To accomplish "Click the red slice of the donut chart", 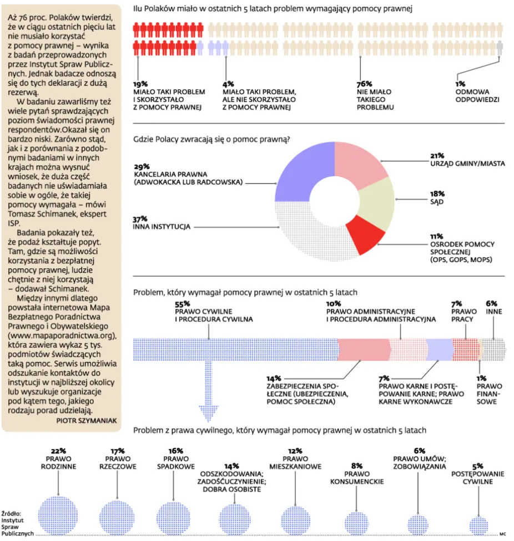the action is point(365,234).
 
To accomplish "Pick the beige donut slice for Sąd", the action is point(378,203).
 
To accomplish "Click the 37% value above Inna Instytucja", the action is point(140,219).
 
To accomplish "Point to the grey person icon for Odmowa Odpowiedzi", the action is point(500,48).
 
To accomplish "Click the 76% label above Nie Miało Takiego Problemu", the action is point(364,84).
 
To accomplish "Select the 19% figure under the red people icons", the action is point(140,84).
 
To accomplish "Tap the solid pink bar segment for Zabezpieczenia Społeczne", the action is point(364,350).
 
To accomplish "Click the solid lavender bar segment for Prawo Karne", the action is point(440,350).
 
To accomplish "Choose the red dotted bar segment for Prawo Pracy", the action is point(465,350).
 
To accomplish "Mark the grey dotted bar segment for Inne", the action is point(494,350).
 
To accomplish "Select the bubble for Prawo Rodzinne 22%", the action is point(58,516).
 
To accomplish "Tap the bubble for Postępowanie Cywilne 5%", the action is point(479,526).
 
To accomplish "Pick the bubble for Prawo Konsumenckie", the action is point(357,523).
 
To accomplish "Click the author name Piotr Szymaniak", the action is point(87,421).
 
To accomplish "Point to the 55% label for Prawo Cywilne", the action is point(183,304).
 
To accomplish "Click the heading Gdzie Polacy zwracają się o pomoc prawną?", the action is point(211,139).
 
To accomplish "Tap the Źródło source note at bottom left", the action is point(17,523).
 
